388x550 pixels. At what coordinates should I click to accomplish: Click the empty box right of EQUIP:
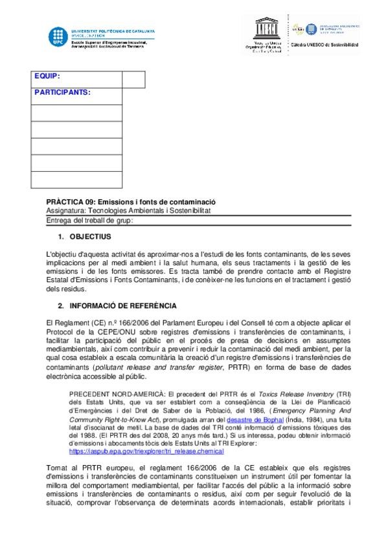[133, 79]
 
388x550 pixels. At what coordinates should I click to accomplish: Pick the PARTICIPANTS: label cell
[63, 92]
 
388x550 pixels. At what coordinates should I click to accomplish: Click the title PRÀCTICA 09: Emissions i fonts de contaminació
[130, 202]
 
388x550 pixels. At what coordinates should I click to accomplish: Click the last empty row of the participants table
[76, 180]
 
